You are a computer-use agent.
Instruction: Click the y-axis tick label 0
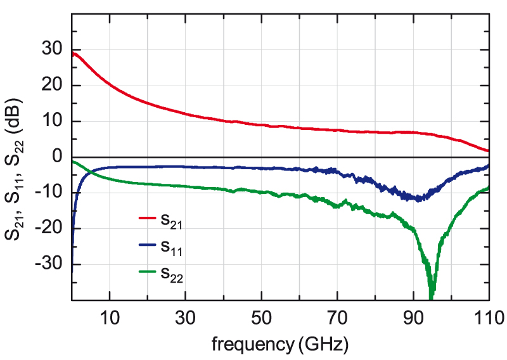coord(58,157)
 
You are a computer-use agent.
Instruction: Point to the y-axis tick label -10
coord(51,193)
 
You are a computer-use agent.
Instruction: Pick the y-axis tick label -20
coord(51,228)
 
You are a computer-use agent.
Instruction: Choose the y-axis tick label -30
coord(51,264)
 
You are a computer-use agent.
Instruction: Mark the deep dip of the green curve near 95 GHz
coord(432,295)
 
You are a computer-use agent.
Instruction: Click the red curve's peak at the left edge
coord(74,53)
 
